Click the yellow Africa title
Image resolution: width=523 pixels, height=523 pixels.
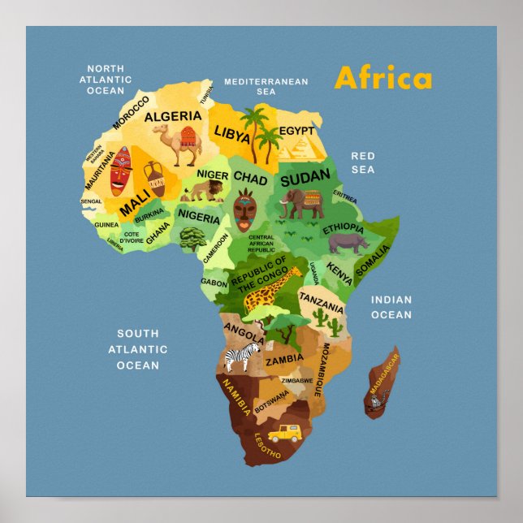383,78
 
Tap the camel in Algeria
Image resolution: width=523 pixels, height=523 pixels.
184,145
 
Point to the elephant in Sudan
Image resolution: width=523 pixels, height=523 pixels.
301,204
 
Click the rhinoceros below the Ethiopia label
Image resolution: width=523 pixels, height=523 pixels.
348,243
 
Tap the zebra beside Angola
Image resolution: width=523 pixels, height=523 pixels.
241,355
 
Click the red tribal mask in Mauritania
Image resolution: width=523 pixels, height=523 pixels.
120,171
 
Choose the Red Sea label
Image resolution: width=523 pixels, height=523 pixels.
363,162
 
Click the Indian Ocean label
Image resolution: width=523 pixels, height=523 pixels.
391,307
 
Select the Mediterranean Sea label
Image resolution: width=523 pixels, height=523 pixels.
266,87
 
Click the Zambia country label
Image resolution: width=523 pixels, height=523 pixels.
284,358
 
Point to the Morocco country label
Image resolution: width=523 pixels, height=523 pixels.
131,112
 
